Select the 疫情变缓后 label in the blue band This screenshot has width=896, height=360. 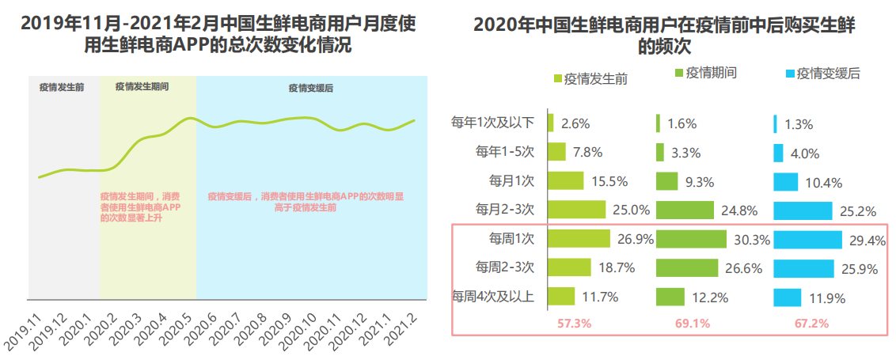tap(311, 88)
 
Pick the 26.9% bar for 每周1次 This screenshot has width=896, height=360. tap(579, 239)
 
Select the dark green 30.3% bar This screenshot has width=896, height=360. tap(691, 239)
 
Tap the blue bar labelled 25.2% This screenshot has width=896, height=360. tap(803, 210)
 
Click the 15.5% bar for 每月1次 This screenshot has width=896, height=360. tap(565, 181)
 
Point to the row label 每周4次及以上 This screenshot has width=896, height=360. tap(493, 297)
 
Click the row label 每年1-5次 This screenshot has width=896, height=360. tap(504, 152)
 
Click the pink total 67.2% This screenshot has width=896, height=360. tap(811, 324)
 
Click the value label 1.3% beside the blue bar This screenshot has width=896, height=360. tap(799, 125)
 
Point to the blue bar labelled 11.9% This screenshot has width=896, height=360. tap(788, 297)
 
